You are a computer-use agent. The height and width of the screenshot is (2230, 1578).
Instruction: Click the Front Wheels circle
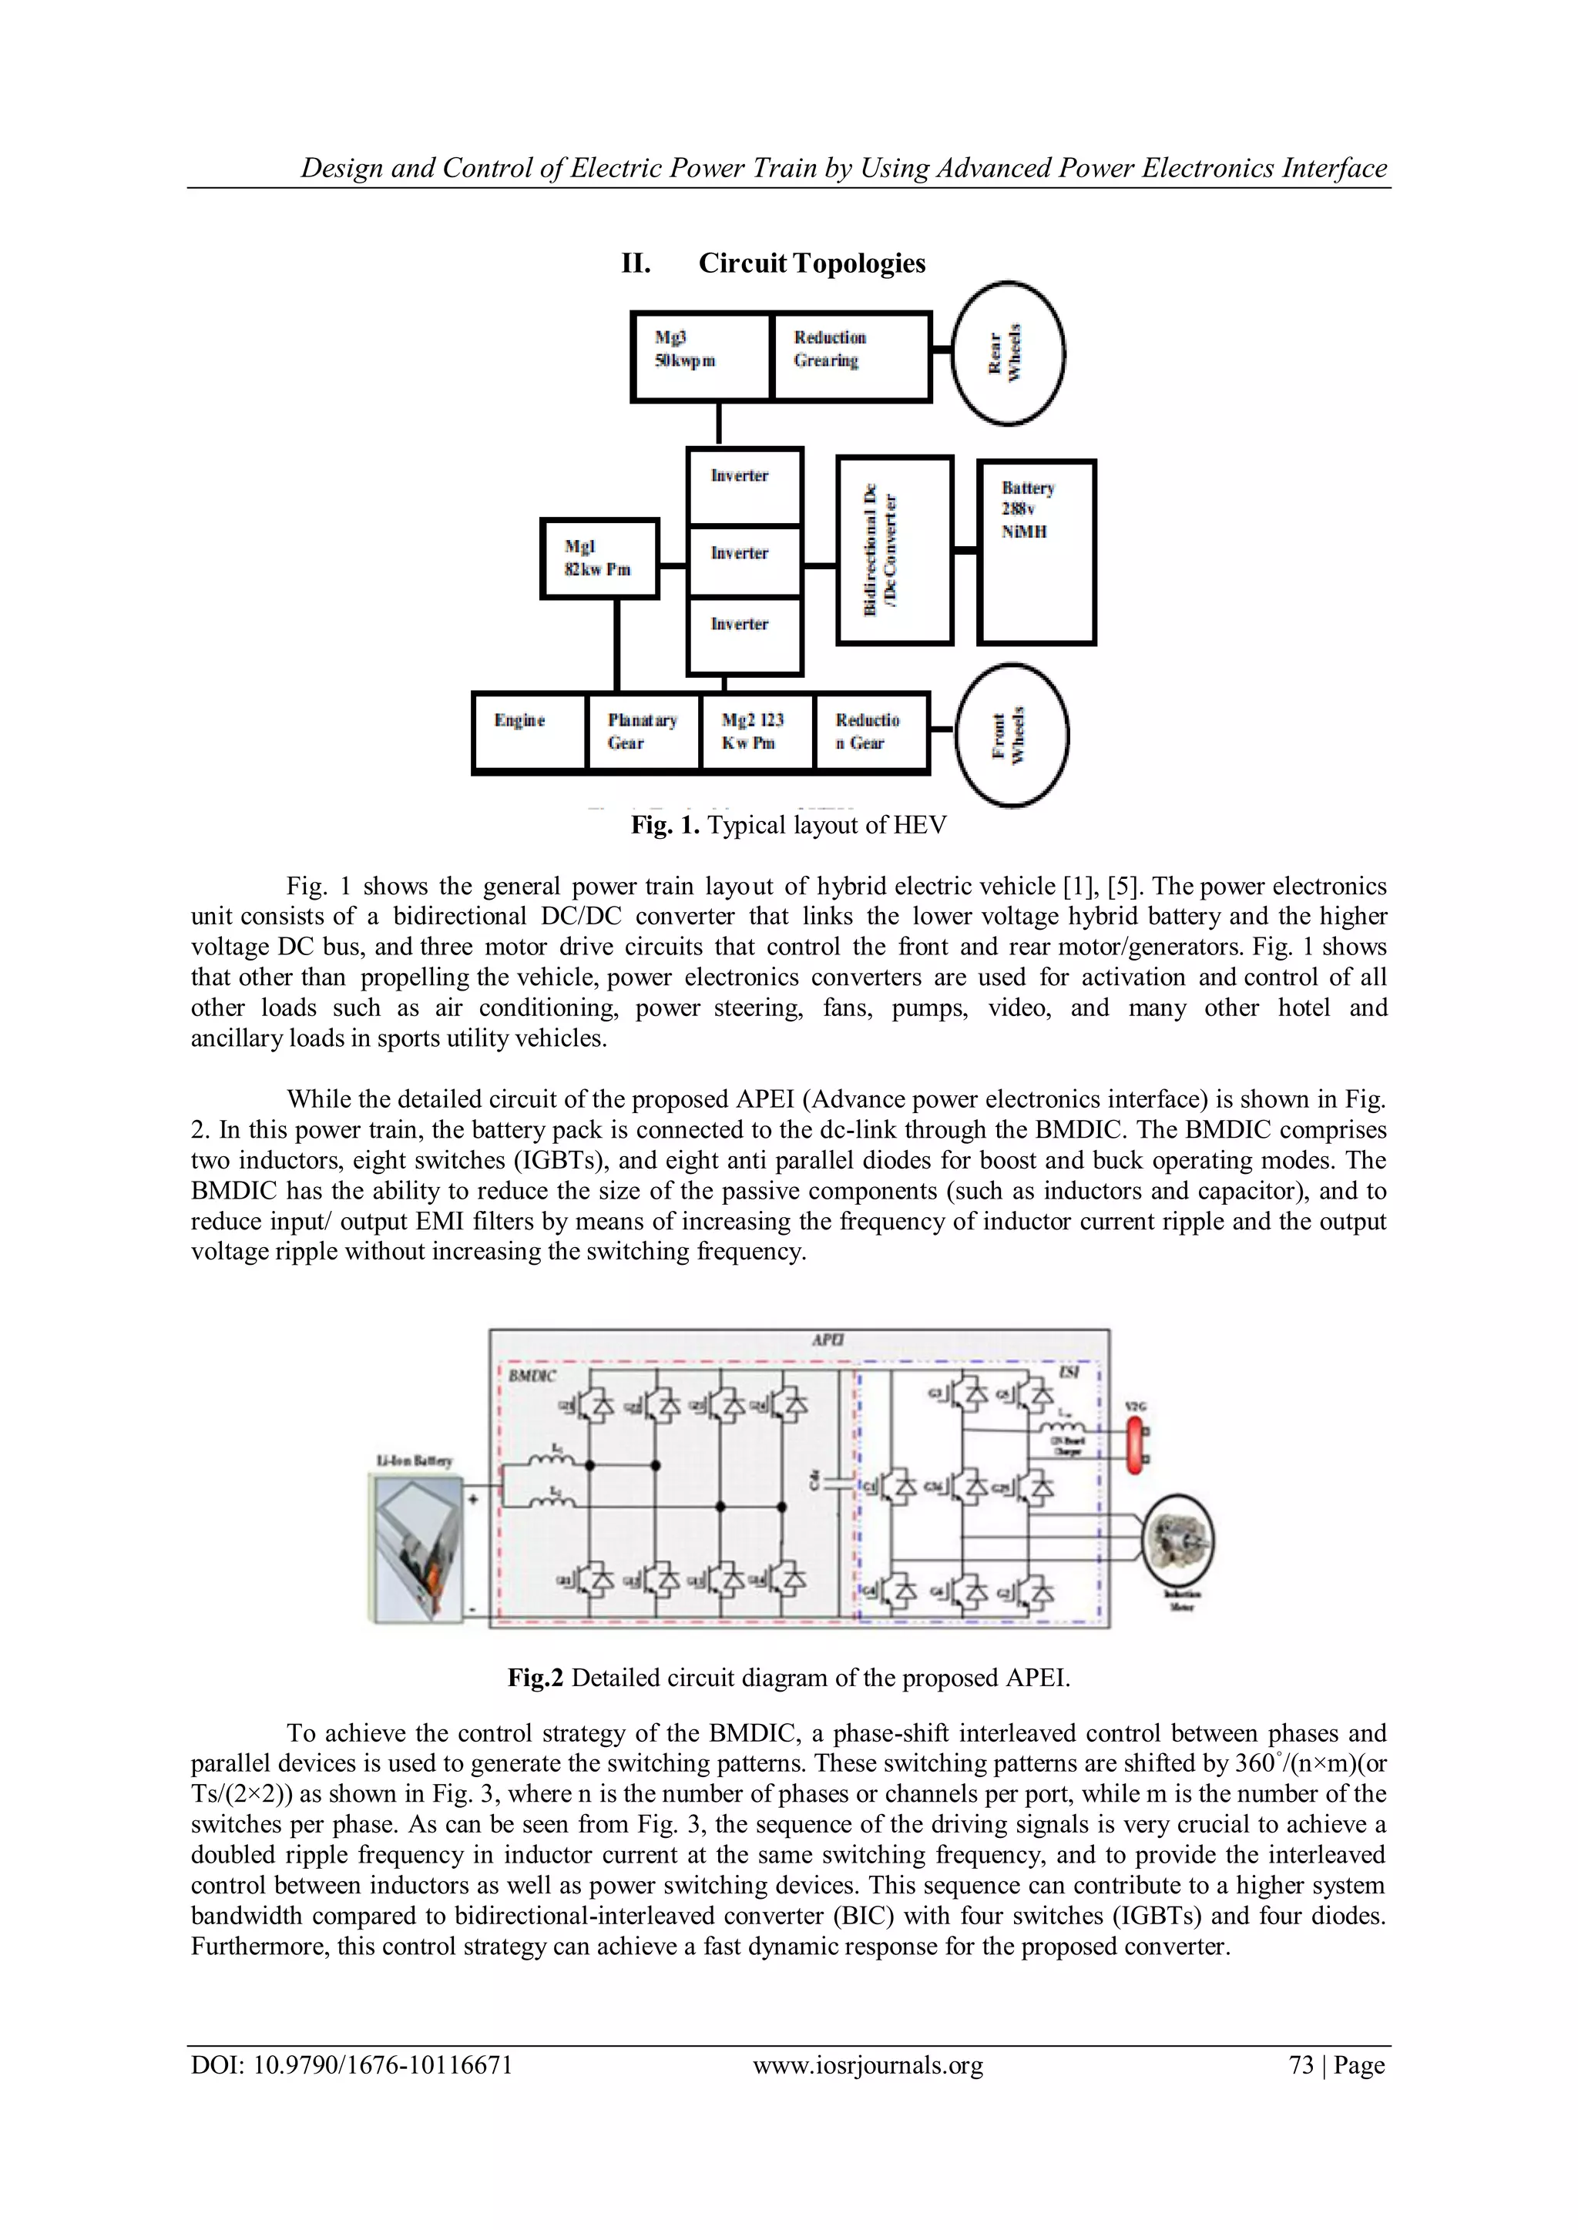click(1012, 735)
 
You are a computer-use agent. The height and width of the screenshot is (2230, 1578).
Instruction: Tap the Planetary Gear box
click(643, 733)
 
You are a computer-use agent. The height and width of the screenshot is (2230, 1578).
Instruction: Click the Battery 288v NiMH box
click(1036, 552)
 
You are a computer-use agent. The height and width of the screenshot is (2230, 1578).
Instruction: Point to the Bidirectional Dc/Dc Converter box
click(894, 551)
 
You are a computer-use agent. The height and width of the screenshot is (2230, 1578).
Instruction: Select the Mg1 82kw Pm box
click(599, 558)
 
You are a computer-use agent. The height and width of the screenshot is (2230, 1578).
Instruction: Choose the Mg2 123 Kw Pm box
click(756, 733)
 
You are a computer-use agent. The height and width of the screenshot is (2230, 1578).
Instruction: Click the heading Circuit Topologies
click(811, 263)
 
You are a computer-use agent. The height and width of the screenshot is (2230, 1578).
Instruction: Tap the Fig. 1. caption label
click(665, 826)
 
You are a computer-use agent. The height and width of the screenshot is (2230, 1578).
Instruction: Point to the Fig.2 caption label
click(536, 1678)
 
